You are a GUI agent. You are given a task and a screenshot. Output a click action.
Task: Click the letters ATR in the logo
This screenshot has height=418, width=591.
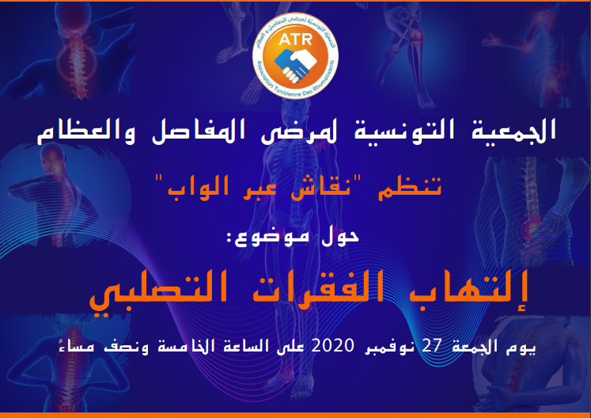click(x=296, y=40)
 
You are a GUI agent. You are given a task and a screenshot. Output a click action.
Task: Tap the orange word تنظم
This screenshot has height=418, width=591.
click(x=410, y=187)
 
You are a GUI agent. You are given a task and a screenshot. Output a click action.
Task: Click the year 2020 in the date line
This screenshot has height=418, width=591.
click(x=332, y=345)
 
